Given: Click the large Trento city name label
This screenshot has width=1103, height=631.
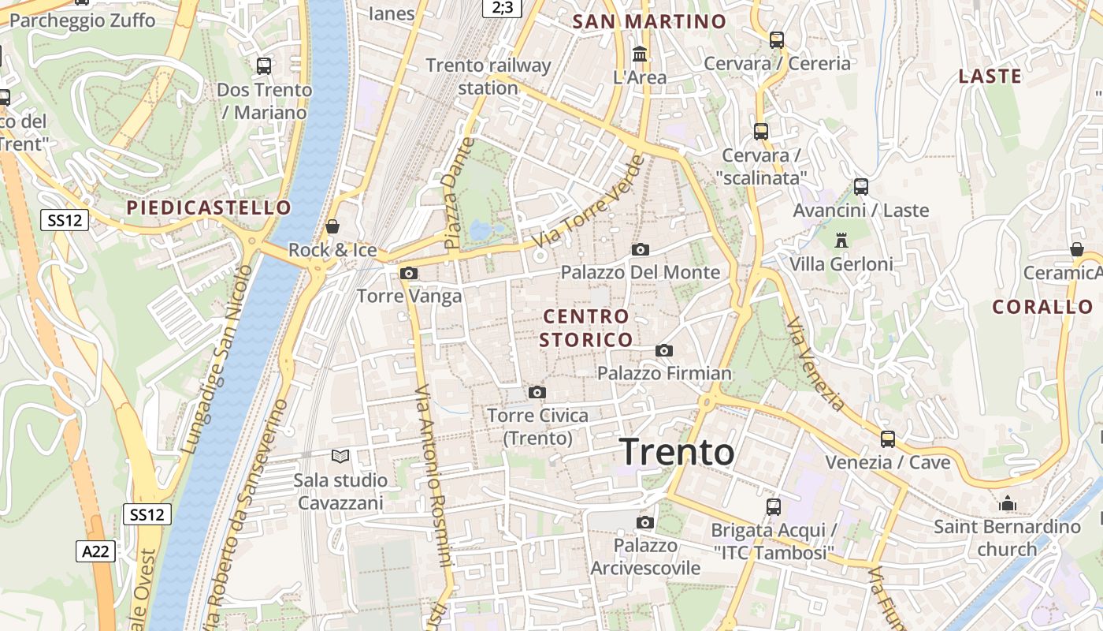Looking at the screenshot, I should [678, 453].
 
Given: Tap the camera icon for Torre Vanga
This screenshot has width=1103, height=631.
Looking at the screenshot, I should [409, 274].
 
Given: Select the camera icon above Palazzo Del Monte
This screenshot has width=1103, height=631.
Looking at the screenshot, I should [641, 250].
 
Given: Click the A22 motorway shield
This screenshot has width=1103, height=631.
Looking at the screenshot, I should [96, 551].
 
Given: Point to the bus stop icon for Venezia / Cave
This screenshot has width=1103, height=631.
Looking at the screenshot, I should [888, 439].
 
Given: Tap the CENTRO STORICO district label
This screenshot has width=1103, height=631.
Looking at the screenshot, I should [587, 328].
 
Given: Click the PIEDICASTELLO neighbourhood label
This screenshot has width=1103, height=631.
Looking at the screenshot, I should [209, 208].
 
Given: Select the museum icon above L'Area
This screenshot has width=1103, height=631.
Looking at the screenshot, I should [640, 54].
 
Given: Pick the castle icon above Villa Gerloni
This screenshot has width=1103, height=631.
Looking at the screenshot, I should [841, 240].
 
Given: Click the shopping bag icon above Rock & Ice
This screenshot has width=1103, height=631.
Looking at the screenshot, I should [332, 227].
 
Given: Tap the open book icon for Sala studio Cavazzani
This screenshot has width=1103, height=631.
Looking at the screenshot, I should [340, 457].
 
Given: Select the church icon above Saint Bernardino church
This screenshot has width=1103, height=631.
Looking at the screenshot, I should [1008, 503].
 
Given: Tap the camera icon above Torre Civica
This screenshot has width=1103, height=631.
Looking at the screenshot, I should [537, 392].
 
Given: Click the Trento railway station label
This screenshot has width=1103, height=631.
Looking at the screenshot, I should [488, 77].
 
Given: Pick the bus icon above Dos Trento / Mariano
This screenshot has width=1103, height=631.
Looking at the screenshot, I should [264, 66].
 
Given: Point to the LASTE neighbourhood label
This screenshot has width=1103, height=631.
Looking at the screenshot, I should [990, 77].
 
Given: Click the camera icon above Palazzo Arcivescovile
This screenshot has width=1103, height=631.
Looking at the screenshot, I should [645, 522].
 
